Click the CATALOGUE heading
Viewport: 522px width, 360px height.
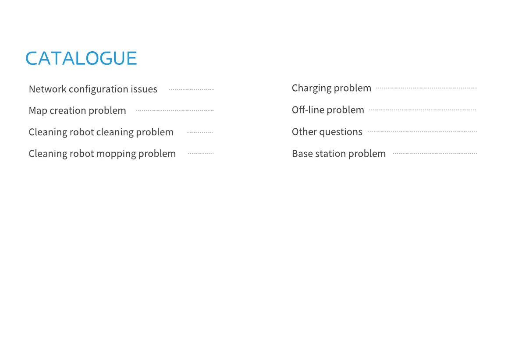pyautogui.click(x=81, y=58)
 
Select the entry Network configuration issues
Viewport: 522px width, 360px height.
pyautogui.click(x=93, y=89)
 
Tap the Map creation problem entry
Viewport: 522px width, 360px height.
pyautogui.click(x=77, y=110)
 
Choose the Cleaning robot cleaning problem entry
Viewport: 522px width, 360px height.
pyautogui.click(x=101, y=132)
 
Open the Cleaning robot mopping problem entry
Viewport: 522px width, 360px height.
pyautogui.click(x=102, y=154)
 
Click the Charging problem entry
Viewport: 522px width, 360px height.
pyautogui.click(x=331, y=88)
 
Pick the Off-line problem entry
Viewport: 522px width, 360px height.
pyautogui.click(x=328, y=110)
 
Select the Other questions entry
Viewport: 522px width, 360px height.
pyautogui.click(x=327, y=132)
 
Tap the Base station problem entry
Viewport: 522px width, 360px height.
pyautogui.click(x=338, y=154)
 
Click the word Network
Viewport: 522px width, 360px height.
pyautogui.click(x=48, y=89)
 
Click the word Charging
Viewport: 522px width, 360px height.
pyautogui.click(x=311, y=88)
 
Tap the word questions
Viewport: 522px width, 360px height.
pyautogui.click(x=341, y=132)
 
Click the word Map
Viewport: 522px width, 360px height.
pyautogui.click(x=38, y=111)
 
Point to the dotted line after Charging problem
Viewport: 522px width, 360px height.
pyautogui.click(x=426, y=88)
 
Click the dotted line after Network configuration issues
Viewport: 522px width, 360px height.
pyautogui.click(x=192, y=89)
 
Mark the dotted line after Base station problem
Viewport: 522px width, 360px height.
pyautogui.click(x=435, y=154)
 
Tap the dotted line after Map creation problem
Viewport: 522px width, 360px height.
pyautogui.click(x=175, y=110)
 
